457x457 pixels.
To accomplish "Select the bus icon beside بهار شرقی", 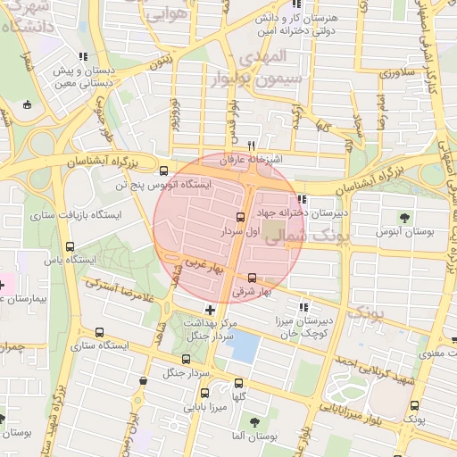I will pyautogui.click(x=253, y=278).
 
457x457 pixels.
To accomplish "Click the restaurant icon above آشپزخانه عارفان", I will pyautogui.click(x=253, y=145).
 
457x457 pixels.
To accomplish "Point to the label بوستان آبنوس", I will pyautogui.click(x=405, y=232).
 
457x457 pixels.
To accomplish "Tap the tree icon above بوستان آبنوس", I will pyautogui.click(x=405, y=217).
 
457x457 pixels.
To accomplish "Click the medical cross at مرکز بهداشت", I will pyautogui.click(x=210, y=309).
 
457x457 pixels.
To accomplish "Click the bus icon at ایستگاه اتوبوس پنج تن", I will pyautogui.click(x=162, y=171).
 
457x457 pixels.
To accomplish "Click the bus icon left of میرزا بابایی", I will pyautogui.click(x=205, y=393).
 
